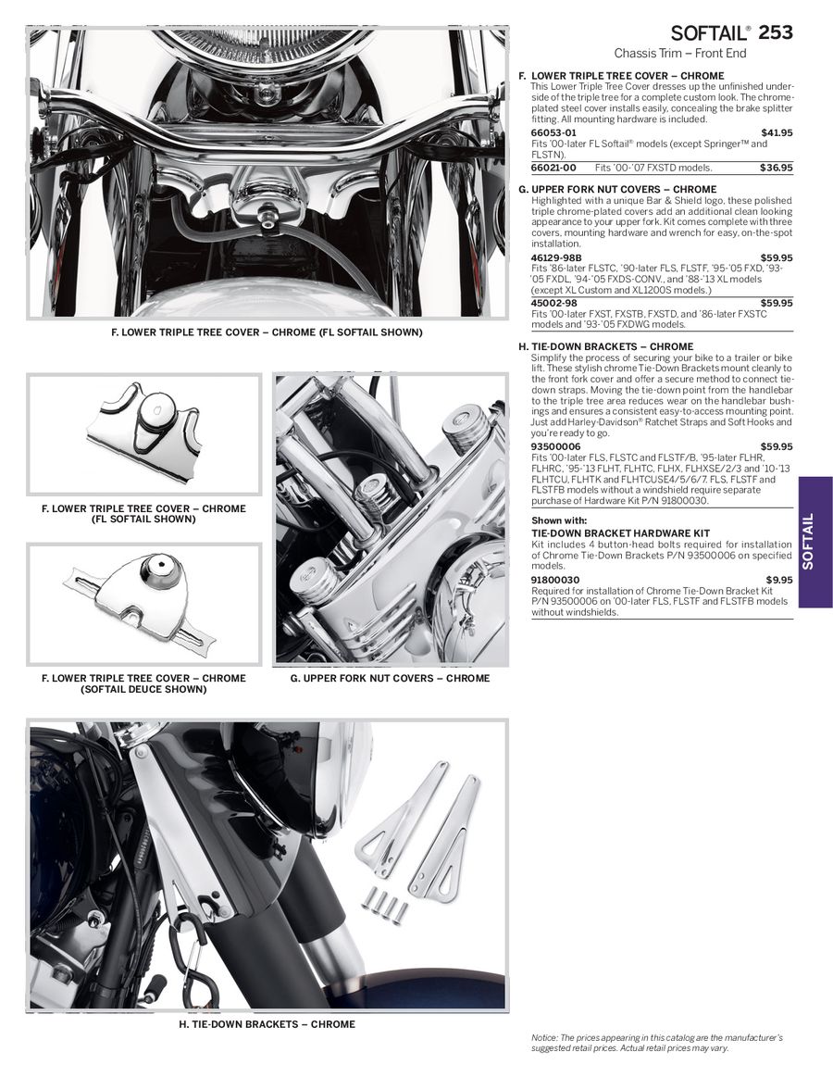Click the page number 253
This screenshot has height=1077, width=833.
coord(776,32)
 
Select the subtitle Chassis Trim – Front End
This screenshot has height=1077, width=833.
coord(680,54)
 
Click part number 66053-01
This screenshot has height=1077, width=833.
coord(553,132)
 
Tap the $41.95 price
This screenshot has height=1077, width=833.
coord(777,132)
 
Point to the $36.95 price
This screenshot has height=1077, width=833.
coord(777,168)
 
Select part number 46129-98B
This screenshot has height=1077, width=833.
coord(557,257)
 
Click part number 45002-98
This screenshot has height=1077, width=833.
coord(553,303)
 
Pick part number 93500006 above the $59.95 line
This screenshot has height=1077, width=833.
coord(555,446)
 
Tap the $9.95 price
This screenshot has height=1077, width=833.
coord(779,580)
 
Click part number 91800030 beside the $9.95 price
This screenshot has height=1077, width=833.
coord(555,580)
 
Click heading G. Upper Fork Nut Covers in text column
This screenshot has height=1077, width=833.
coord(617,190)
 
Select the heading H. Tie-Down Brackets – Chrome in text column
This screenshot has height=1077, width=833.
coord(612,347)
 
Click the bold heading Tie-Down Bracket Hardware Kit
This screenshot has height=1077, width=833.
coord(620,533)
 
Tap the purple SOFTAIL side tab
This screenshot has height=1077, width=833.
coord(814,542)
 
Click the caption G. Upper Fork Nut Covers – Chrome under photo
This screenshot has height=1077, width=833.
coord(390,678)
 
